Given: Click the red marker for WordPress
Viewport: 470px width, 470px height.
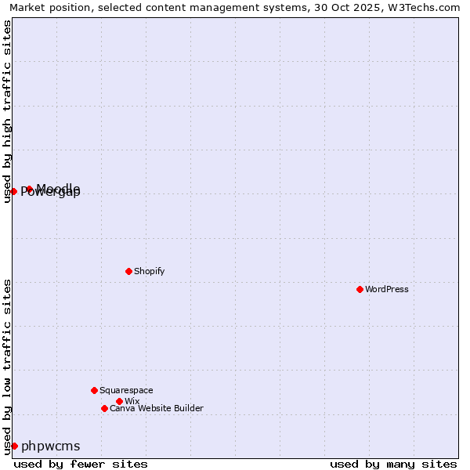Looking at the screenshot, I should (360, 289).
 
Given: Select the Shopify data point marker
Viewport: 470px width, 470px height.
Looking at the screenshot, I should (128, 271).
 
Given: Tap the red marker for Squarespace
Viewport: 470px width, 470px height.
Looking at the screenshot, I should (94, 390).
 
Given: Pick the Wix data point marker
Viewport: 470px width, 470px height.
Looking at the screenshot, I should (119, 401).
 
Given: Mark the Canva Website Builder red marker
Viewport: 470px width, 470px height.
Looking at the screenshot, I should (104, 408).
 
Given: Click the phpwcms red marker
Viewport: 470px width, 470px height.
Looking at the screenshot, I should (14, 446).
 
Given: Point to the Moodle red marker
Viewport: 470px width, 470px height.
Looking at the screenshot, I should (29, 189).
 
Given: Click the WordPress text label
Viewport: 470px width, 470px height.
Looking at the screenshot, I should (387, 289).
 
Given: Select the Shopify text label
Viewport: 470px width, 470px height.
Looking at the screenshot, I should (149, 271).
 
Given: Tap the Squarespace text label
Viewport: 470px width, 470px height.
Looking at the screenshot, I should (126, 390).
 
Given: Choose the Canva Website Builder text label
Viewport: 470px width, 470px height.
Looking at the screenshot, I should (157, 408).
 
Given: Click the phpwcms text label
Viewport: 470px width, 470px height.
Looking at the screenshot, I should (51, 446).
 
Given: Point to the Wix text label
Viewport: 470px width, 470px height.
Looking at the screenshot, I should (132, 401).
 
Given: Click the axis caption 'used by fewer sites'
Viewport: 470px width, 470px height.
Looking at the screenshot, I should (81, 464).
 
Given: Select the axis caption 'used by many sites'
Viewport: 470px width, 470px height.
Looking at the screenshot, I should (393, 464).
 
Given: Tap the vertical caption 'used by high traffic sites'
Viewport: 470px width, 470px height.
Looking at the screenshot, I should (7, 111).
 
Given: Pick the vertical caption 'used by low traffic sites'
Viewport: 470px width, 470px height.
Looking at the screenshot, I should (7, 366).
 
